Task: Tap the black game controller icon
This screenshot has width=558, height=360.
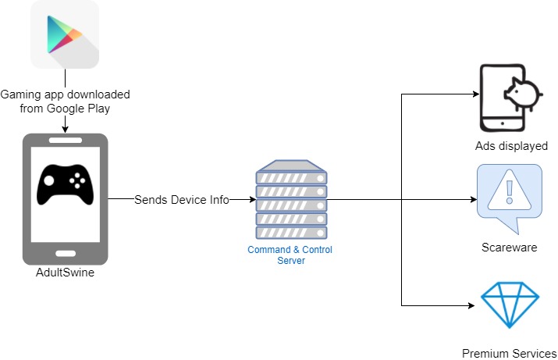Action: click(x=66, y=184)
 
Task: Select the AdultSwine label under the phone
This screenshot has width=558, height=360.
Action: click(x=66, y=272)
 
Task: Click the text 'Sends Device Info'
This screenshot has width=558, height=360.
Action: click(x=181, y=200)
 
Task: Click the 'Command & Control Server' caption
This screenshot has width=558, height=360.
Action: click(x=290, y=255)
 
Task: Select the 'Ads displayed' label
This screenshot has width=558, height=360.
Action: click(x=511, y=146)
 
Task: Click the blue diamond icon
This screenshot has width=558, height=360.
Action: click(x=509, y=305)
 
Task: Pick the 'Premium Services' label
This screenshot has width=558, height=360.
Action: click(x=509, y=352)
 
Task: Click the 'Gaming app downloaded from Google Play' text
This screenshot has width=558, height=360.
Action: click(x=65, y=101)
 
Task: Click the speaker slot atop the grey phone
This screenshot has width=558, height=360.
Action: click(x=65, y=141)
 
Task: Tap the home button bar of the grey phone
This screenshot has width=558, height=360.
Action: click(x=65, y=252)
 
